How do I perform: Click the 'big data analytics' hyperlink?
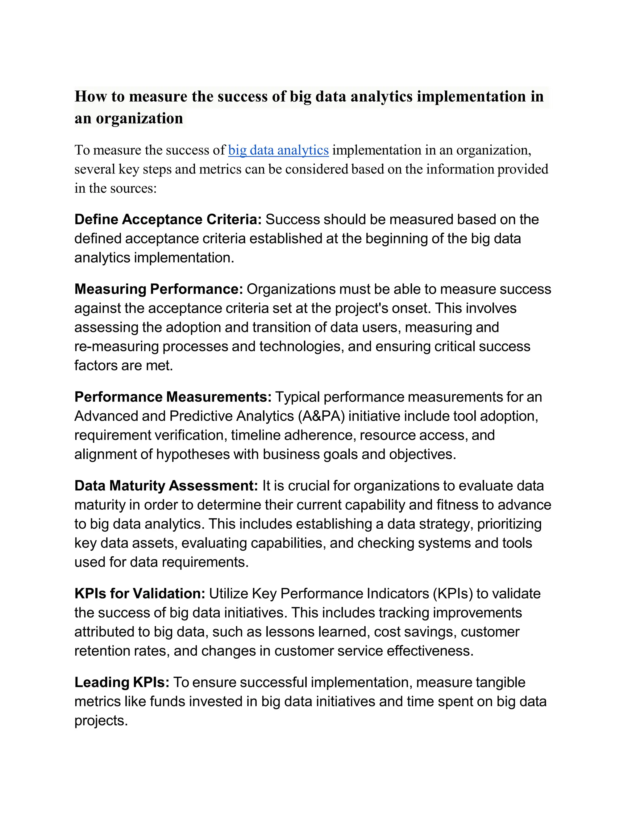click(278, 150)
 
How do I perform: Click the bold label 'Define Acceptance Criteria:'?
click(168, 219)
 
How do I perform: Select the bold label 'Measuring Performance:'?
click(159, 289)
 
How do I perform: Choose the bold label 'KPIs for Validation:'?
click(140, 594)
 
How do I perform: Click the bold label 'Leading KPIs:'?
click(122, 682)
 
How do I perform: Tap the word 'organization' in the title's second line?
click(139, 118)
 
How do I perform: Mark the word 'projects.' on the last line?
click(101, 721)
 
